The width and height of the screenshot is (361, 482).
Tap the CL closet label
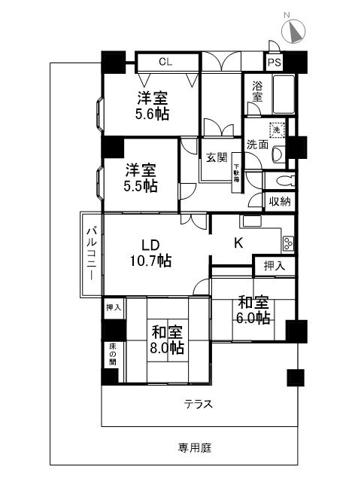click(x=165, y=63)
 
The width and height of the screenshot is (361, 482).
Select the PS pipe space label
click(x=275, y=63)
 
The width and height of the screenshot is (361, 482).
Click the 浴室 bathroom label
click(x=257, y=93)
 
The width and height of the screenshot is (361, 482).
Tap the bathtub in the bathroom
click(x=283, y=94)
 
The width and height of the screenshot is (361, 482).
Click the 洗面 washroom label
click(x=257, y=145)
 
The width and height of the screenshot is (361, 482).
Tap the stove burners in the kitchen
click(x=288, y=243)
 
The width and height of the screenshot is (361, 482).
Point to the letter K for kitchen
click(x=238, y=243)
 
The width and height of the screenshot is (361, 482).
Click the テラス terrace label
click(x=199, y=404)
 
